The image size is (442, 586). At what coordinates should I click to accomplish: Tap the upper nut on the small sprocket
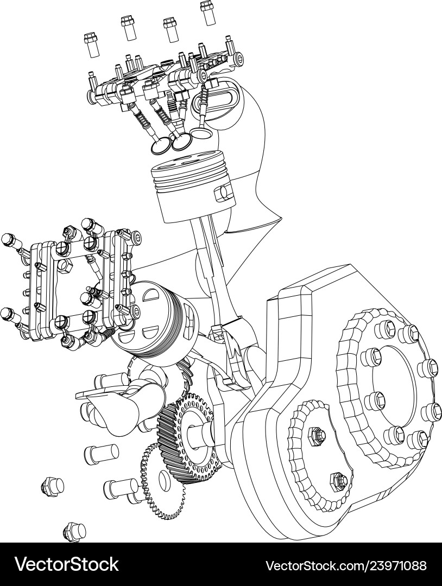coord(315,434)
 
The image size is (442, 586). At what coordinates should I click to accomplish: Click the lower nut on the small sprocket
coord(338,479)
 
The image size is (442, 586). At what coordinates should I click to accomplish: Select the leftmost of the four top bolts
coord(91,44)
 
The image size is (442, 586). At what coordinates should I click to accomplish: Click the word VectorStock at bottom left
coord(65,564)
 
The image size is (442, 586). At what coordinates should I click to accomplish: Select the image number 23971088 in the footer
coord(386,565)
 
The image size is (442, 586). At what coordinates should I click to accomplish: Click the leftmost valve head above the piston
coord(161,144)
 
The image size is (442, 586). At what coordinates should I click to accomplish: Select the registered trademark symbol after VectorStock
coord(122,559)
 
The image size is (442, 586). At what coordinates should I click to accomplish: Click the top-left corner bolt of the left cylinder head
coord(9,239)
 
